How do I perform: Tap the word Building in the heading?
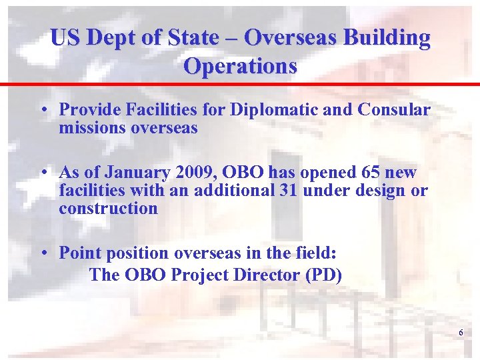click(387, 37)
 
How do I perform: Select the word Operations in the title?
click(240, 66)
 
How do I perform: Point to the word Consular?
click(394, 109)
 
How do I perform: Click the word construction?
click(108, 208)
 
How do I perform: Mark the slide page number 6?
click(460, 333)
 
